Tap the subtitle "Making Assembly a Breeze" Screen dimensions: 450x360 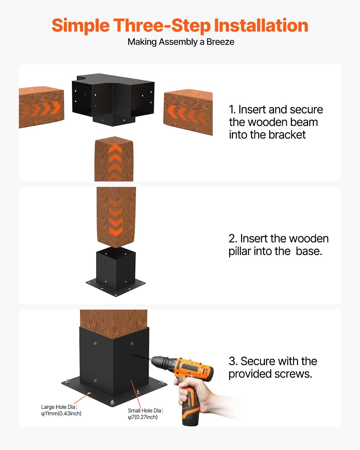point(181,42)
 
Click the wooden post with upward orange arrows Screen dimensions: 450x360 point(114,159)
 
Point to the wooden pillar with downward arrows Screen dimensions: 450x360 point(116,216)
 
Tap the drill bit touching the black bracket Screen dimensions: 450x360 point(141,357)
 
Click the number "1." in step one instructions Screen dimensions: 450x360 point(232,109)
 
